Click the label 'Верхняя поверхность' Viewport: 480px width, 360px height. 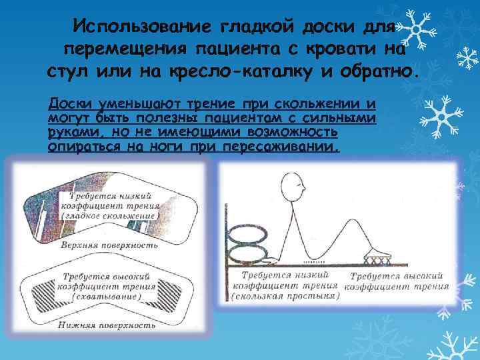[109, 245]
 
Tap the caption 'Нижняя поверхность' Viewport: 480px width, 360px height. [107, 325]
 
